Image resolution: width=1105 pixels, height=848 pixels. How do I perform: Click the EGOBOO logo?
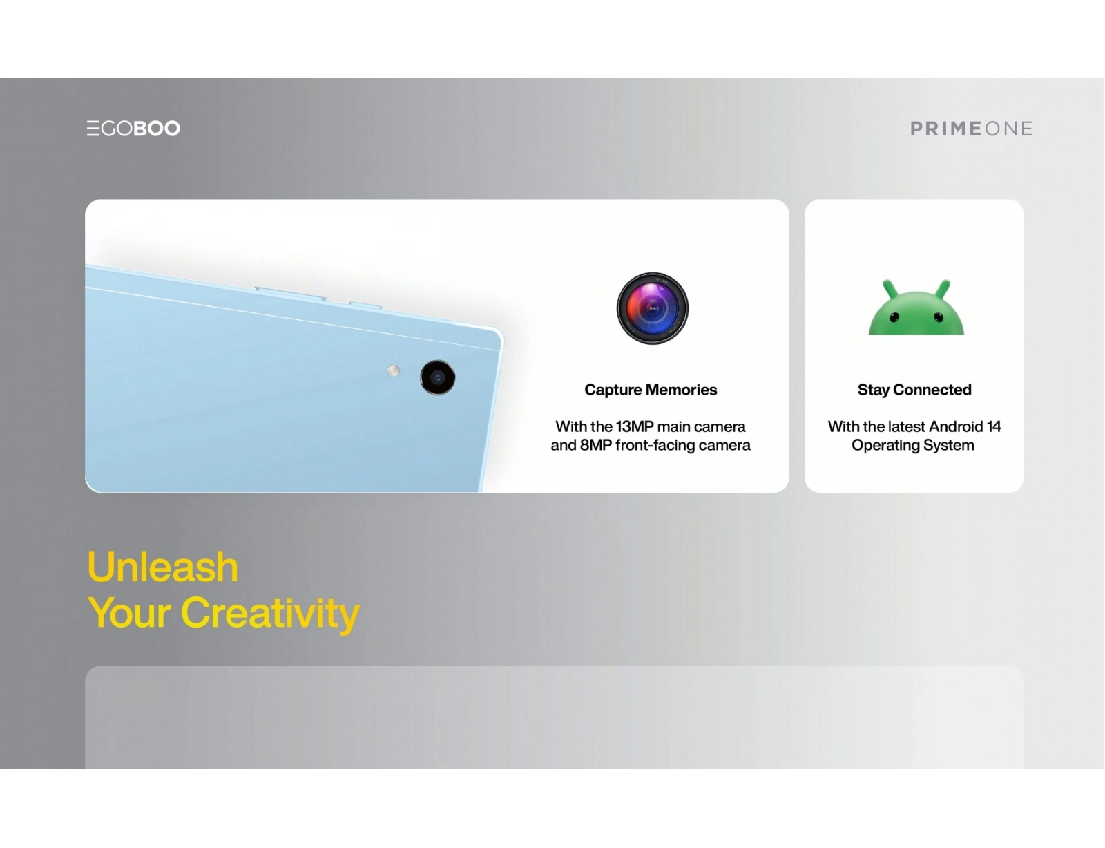pos(133,128)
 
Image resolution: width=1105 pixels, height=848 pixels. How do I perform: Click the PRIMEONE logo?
pos(971,129)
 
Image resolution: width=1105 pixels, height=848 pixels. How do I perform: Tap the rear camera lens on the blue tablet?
pos(437,377)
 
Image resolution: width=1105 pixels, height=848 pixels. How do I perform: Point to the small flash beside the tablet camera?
pos(393,371)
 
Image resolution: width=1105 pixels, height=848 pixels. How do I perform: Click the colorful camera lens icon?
pos(653,308)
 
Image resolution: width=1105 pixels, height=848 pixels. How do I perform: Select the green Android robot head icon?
pos(916,308)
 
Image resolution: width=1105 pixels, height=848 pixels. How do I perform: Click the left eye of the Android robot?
pos(894,317)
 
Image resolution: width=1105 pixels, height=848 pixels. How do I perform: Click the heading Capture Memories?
pos(651,390)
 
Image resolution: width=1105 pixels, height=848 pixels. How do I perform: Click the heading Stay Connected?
pos(914,390)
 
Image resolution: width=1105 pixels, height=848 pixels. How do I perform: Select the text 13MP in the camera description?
pos(635,426)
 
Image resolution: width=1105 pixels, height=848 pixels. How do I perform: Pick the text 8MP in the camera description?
pos(595,445)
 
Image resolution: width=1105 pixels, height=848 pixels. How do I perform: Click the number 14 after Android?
pos(994,426)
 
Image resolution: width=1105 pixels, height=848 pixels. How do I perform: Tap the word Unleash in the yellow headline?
pos(163,567)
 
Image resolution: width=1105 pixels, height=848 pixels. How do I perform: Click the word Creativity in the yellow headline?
pos(270,614)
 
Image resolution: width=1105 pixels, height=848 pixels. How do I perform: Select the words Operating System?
pos(913,446)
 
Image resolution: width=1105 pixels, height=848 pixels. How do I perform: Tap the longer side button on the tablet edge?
pos(290,293)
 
